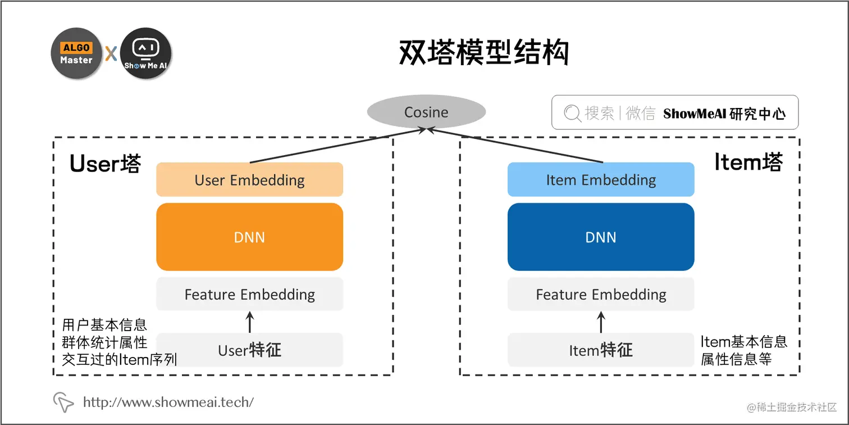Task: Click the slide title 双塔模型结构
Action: point(483,53)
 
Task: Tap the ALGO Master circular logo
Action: point(76,53)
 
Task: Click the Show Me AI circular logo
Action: point(145,53)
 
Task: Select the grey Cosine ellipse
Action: point(426,112)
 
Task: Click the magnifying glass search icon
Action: point(572,114)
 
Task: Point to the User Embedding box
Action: point(249,180)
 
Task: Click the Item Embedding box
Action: point(601,180)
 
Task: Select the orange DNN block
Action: point(249,237)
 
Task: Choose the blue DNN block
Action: point(601,237)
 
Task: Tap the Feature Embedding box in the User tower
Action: point(249,294)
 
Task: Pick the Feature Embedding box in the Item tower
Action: point(601,294)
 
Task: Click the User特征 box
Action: point(249,350)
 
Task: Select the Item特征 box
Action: point(601,350)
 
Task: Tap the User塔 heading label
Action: point(105,163)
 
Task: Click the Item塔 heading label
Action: point(748,162)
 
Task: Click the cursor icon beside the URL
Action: point(63,401)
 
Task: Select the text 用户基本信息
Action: point(104,325)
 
